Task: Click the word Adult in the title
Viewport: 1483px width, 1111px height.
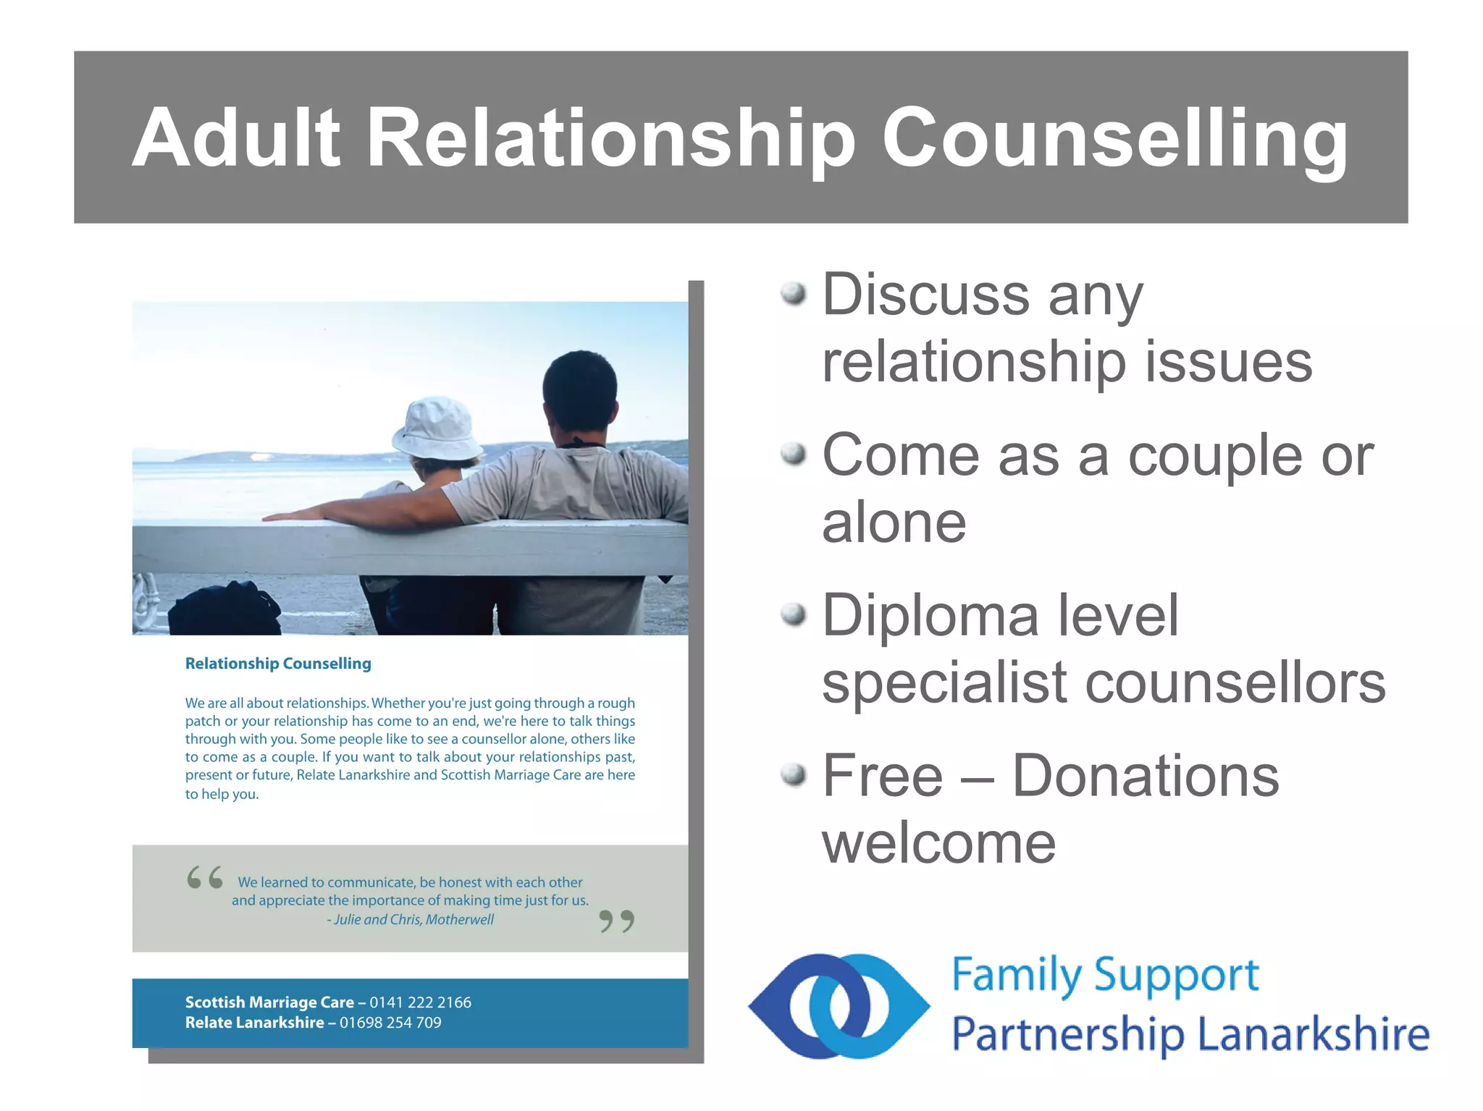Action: (235, 138)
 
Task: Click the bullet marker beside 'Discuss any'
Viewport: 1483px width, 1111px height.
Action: (794, 293)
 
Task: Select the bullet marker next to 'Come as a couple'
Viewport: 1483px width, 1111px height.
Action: (794, 454)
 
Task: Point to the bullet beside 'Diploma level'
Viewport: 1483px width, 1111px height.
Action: (794, 614)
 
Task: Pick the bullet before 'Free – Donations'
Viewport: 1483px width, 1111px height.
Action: (794, 774)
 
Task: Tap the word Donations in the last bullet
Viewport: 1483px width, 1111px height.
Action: (1145, 776)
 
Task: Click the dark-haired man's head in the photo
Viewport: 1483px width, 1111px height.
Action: (579, 391)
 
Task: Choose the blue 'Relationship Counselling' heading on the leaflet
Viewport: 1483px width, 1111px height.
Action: (278, 664)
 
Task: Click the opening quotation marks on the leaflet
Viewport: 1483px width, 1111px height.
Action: (205, 877)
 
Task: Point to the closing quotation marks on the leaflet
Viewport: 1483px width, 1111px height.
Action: (617, 921)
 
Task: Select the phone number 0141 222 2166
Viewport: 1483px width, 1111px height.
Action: (420, 1002)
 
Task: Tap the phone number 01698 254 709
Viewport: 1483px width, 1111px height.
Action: (390, 1023)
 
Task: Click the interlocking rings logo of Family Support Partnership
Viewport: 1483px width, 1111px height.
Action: (839, 1006)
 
